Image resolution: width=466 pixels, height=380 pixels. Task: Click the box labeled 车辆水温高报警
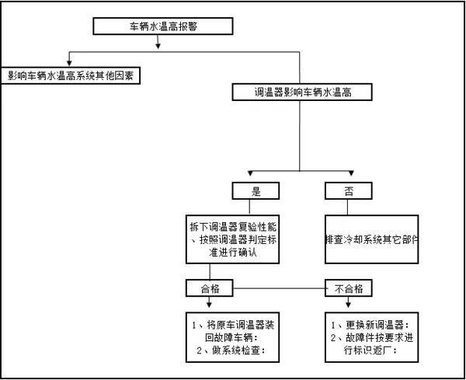tap(163, 26)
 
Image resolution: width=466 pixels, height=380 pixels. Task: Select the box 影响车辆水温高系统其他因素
tap(71, 75)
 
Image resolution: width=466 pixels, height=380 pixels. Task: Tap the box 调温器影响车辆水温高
tap(302, 92)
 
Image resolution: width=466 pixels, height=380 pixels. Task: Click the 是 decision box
tap(256, 190)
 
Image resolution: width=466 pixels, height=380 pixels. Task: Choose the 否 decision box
tap(348, 190)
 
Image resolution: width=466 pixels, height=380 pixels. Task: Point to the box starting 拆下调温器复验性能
tap(232, 239)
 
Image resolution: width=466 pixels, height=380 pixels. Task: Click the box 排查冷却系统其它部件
tap(371, 239)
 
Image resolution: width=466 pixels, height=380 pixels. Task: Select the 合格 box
tap(210, 288)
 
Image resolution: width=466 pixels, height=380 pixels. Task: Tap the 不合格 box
tap(348, 288)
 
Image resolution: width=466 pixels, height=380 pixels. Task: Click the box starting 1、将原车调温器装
tap(232, 337)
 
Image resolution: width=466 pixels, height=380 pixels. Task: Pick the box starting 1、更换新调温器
tap(371, 337)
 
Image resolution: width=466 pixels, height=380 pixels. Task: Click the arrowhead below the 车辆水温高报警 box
tap(158, 46)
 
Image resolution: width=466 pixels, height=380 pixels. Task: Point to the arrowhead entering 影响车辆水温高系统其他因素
tap(69, 63)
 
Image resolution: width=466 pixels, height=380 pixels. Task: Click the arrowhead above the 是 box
tap(250, 173)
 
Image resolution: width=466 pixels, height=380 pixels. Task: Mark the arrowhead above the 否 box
tap(351, 173)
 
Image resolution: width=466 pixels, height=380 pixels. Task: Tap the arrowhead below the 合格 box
tap(209, 305)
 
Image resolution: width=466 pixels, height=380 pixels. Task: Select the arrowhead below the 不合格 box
tap(348, 305)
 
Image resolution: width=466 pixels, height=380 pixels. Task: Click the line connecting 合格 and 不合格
tap(279, 288)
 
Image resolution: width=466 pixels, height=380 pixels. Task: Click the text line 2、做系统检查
tap(231, 350)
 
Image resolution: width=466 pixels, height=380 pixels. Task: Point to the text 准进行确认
tap(233, 253)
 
